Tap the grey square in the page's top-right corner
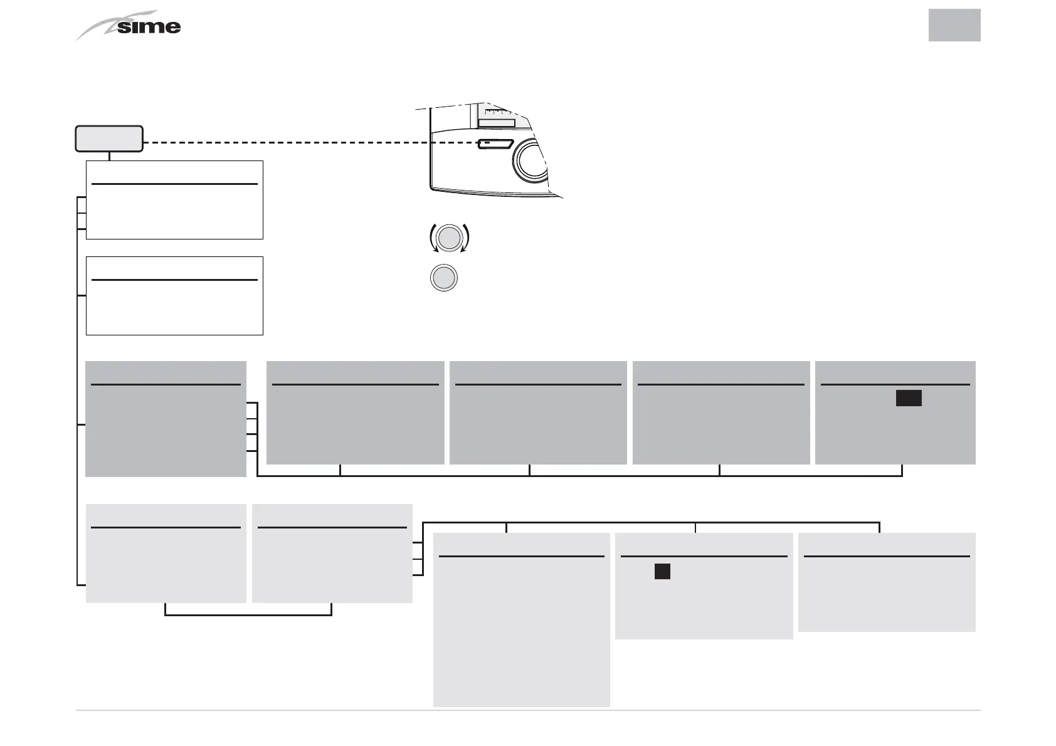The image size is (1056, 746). click(954, 25)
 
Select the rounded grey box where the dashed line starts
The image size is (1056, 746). click(109, 139)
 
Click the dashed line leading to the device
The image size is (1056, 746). click(307, 143)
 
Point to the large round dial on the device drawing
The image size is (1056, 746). click(531, 160)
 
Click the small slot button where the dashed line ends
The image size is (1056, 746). click(495, 144)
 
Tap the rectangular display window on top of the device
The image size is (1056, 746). click(497, 123)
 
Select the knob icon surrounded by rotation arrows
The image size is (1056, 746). click(449, 238)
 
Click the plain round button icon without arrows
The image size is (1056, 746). click(444, 278)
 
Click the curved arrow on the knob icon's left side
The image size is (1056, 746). click(433, 238)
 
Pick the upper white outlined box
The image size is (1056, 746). click(174, 200)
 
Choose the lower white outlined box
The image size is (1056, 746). click(174, 296)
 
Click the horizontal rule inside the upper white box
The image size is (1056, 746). click(174, 184)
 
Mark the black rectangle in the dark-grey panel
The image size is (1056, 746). click(908, 398)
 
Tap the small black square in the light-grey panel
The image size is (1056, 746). click(662, 571)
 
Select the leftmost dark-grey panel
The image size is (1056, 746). click(166, 419)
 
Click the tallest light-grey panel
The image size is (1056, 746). click(521, 619)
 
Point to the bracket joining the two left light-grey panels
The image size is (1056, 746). click(248, 614)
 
